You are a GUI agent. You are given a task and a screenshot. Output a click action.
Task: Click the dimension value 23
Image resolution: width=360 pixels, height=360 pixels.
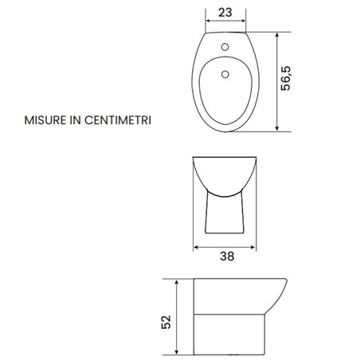tap(225, 13)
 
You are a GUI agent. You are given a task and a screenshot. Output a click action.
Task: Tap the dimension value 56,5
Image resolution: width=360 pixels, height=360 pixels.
tap(286, 78)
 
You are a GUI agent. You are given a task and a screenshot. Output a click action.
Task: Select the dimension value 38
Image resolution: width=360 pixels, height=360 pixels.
tap(227, 256)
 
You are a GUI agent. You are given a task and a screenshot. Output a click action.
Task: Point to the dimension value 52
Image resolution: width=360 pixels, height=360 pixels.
tap(166, 322)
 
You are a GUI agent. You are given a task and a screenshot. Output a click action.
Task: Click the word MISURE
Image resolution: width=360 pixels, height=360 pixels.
tap(45, 120)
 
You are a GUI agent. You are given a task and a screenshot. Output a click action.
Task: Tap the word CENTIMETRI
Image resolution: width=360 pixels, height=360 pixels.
tap(118, 120)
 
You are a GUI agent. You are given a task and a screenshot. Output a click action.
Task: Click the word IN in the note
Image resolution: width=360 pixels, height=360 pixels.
tap(75, 120)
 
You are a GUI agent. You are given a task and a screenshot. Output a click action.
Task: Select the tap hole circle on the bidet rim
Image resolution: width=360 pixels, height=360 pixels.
tap(225, 47)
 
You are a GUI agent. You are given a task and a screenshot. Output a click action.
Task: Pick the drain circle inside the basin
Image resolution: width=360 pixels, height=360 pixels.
tap(225, 74)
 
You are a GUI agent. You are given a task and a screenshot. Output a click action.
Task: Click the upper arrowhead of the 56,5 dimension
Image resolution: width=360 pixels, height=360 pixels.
tap(277, 36)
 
